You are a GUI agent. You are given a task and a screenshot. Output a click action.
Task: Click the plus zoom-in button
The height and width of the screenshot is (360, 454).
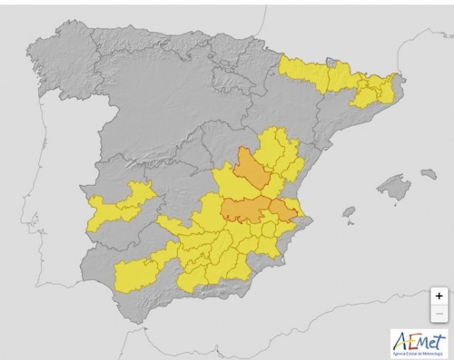[x=439, y=296]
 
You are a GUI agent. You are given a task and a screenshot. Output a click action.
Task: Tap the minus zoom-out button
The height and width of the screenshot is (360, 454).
[x=439, y=313]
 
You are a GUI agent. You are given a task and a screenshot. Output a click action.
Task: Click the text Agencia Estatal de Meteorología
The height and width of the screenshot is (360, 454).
[x=419, y=352]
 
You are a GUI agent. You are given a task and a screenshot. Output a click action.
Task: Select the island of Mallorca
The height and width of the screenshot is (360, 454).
[x=394, y=188]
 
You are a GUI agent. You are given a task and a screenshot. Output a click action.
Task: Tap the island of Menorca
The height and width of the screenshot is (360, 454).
[x=428, y=174]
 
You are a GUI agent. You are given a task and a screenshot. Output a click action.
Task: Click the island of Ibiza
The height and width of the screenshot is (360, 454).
[x=348, y=212]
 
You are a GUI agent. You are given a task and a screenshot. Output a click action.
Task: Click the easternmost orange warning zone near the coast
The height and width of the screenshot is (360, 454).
[x=282, y=210]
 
